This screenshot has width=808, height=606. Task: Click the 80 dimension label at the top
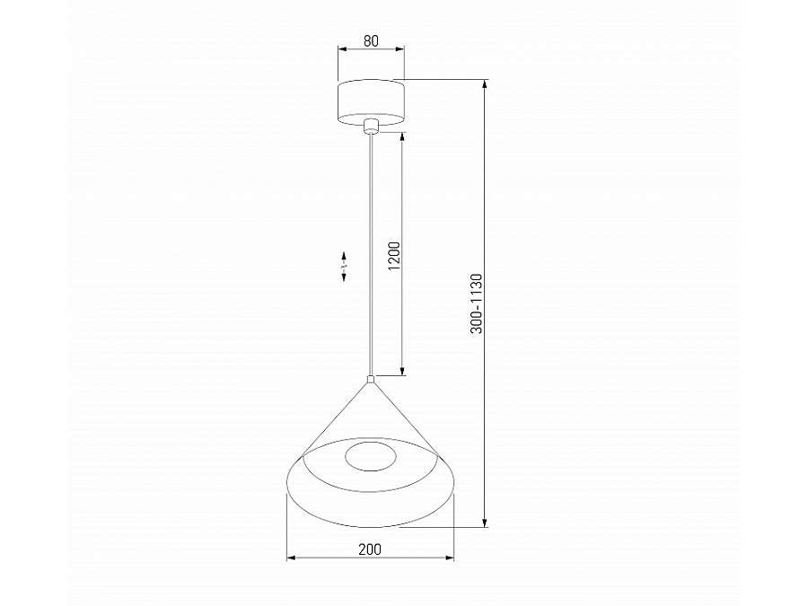(372, 40)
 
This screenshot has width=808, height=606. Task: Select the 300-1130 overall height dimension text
(477, 303)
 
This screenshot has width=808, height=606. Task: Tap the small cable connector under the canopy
(371, 127)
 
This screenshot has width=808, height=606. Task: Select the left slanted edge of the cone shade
(337, 415)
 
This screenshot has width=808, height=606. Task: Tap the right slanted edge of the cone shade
(405, 416)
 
